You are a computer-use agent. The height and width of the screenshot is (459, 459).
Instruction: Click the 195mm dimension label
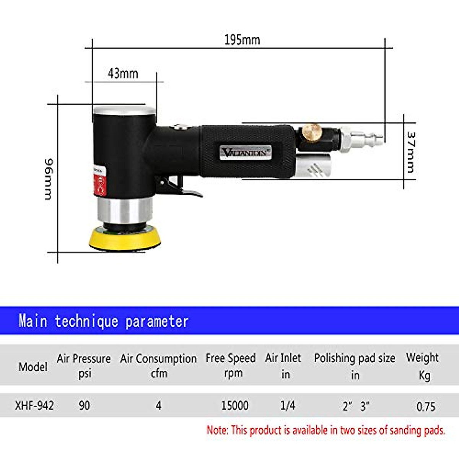coord(242,40)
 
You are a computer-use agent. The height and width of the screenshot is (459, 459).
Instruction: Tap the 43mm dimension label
coord(123,73)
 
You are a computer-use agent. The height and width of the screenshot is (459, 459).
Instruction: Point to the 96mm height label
coord(49,179)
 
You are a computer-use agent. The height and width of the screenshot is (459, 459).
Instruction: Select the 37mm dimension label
coord(410,152)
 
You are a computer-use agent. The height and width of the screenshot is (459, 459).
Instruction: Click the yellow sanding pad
coord(125,239)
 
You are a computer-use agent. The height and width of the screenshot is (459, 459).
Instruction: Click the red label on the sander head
coord(100,182)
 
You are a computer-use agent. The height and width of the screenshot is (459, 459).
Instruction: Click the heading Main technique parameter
coord(103,321)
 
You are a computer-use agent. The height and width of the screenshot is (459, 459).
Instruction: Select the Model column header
coord(33,367)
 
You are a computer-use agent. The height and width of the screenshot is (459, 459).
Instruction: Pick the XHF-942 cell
coord(34,405)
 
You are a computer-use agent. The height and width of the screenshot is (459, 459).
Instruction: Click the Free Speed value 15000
coord(235,405)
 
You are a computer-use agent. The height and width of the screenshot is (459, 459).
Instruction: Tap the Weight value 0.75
coord(426,406)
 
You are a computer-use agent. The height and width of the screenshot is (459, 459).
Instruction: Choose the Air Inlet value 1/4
coord(287,405)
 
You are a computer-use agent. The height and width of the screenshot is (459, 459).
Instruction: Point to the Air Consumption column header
coord(158,365)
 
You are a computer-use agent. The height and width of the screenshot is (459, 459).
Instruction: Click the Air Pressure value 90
coord(84,405)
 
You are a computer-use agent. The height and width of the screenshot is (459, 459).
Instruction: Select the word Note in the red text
coord(217,430)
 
